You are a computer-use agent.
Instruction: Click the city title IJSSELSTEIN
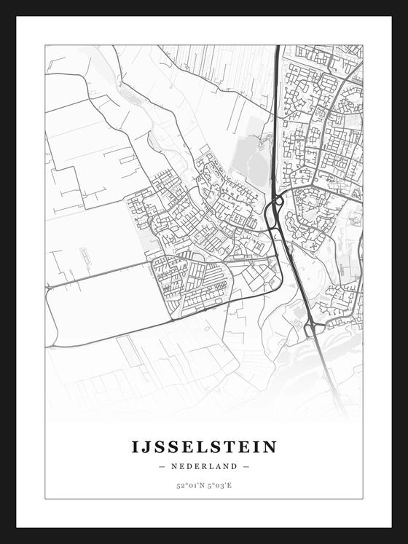[204, 446]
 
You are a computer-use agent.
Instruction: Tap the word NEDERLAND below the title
[204, 466]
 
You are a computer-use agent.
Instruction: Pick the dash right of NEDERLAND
[246, 466]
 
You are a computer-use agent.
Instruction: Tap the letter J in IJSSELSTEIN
[146, 447]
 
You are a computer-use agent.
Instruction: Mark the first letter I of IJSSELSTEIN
[136, 446]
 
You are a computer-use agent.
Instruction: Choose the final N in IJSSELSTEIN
[270, 446]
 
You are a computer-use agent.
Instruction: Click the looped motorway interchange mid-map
[275, 212]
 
